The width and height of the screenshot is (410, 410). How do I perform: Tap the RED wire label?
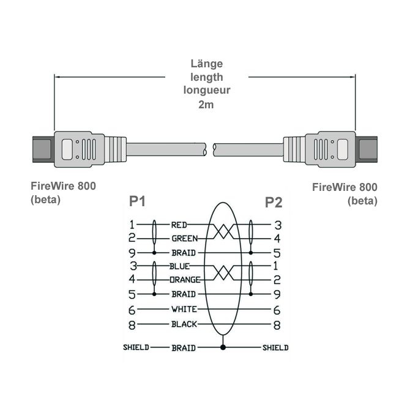point(179,225)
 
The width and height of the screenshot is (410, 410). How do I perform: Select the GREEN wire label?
point(184,239)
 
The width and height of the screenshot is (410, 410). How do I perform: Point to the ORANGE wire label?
point(185,280)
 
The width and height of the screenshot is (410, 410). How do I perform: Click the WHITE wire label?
point(184,309)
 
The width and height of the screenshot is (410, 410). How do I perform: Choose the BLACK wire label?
point(184,324)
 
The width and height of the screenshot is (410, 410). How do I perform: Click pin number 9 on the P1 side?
point(132,253)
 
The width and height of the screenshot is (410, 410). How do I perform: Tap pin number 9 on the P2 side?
point(277,294)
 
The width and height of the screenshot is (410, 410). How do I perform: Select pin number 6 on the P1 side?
point(132,310)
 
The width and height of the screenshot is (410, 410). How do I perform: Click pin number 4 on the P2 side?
point(277,239)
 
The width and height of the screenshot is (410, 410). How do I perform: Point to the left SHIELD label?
point(135,348)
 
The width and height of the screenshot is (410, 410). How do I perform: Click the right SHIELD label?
point(275,348)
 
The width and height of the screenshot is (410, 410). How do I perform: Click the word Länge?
point(206,64)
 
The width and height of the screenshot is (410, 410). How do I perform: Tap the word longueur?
point(206,91)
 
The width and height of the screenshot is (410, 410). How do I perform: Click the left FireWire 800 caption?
point(64,186)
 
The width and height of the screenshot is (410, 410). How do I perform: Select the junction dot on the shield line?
point(223,348)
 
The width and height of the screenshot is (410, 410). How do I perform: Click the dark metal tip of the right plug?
point(368,149)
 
